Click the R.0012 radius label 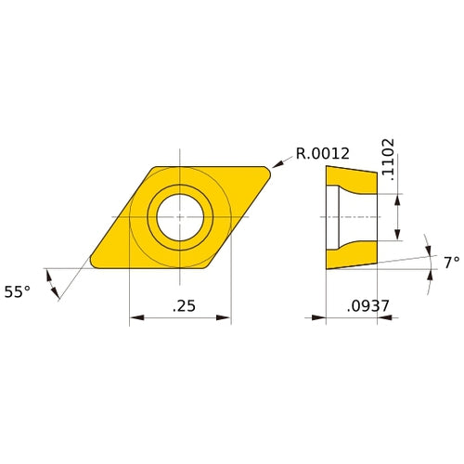tap(322, 153)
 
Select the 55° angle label tap(17, 291)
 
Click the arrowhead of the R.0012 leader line tap(276, 167)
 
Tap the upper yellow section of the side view tap(353, 178)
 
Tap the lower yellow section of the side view tap(353, 253)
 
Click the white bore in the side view tap(357, 216)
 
